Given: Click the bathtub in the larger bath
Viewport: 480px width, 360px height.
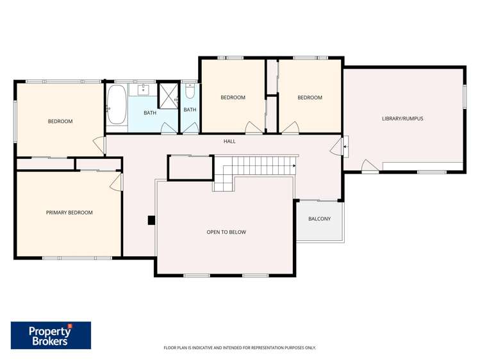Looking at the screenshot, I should (117, 105).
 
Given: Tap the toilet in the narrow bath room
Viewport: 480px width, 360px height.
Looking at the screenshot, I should (190, 91).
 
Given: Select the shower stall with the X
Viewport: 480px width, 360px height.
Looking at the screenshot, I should (169, 95).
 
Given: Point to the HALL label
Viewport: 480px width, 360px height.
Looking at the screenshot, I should (229, 141).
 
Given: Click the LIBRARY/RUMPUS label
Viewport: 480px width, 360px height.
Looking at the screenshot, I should (402, 119).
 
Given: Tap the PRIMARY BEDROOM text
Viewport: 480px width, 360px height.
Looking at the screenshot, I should (69, 213).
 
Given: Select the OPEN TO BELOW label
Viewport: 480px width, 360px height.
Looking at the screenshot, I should (226, 232).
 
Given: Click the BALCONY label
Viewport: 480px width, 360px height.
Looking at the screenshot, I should (319, 219).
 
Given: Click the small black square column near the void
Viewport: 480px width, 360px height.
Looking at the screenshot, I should (151, 220).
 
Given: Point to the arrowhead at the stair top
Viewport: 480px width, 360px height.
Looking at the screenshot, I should (294, 166).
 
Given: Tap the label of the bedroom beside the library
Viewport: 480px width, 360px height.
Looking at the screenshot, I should (310, 98).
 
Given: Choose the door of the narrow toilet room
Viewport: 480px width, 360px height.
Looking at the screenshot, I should (190, 129).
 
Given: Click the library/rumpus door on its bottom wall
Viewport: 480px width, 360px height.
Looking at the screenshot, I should (369, 167).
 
